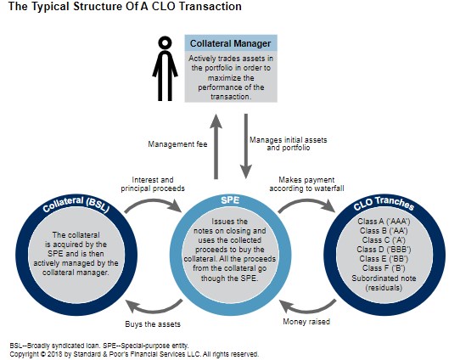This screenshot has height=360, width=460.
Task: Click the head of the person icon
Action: pos(165,42)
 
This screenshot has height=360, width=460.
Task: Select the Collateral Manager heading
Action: pos(230,43)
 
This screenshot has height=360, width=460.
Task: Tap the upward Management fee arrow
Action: pos(216,146)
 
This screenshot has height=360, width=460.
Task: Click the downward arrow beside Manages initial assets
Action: pos(246,146)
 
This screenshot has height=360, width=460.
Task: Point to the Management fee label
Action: pos(177,144)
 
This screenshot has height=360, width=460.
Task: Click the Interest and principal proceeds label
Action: pos(153,184)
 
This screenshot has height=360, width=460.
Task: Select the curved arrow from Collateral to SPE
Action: pos(153,205)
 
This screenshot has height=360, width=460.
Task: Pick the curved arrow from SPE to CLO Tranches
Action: pos(306,205)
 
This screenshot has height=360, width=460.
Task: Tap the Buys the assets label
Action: pos(153,324)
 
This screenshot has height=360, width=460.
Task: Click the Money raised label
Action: pos(306,322)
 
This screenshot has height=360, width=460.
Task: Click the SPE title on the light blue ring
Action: pos(230,200)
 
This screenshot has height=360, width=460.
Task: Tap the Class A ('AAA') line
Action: pos(384,222)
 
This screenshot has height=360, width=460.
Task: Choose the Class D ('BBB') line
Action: pos(384,250)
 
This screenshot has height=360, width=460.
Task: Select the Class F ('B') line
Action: pos(384,268)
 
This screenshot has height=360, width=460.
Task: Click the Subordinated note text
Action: pos(384,278)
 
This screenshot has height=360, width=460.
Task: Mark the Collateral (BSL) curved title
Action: pos(76,204)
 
